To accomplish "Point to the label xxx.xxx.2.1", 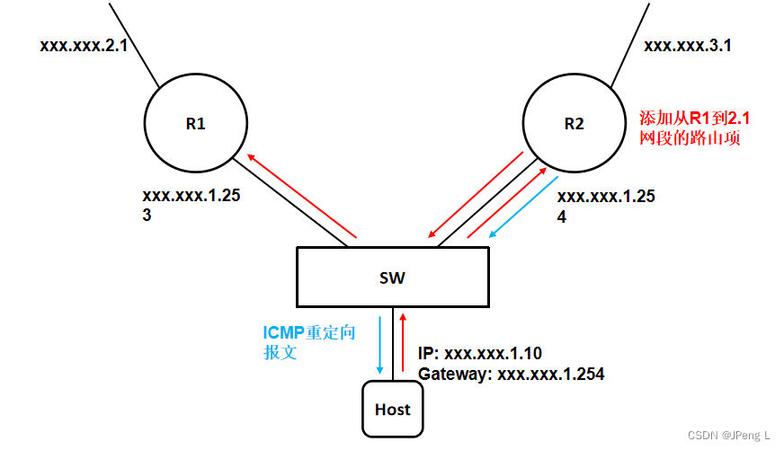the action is (x=84, y=46).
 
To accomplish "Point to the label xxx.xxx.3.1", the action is (x=688, y=46).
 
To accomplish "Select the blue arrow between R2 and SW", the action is (x=523, y=207).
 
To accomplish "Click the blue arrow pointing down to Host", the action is (x=379, y=345).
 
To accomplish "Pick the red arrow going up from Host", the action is (x=403, y=342).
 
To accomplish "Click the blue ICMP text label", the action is (x=309, y=342).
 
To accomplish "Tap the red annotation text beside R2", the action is (x=694, y=128).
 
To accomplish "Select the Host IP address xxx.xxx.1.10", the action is (x=479, y=353).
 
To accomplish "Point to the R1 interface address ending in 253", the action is (x=192, y=205).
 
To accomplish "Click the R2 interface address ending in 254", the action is (x=606, y=207).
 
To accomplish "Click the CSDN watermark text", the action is (x=728, y=435).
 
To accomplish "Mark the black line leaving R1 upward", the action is (x=134, y=45).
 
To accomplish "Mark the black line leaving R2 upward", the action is (x=630, y=45).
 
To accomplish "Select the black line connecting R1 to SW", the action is (x=290, y=203).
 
